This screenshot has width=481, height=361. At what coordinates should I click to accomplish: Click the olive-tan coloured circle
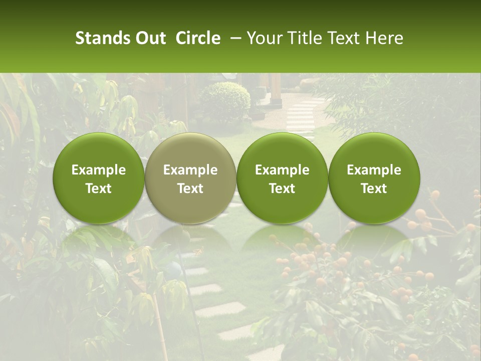[190, 178]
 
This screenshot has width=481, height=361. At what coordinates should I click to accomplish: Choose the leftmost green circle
[99, 178]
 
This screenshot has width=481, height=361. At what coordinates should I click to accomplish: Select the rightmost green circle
[374, 178]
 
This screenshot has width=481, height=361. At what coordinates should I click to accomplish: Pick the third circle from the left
[282, 178]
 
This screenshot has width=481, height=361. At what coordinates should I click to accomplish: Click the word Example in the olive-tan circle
[190, 170]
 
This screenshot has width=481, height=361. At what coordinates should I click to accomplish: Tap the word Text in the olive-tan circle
[190, 189]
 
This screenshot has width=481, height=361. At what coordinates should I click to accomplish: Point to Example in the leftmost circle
[99, 170]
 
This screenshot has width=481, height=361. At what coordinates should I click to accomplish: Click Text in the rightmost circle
[374, 189]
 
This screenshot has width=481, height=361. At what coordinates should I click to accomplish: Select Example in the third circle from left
[282, 170]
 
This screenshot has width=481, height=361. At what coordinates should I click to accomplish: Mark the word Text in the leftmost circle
[99, 189]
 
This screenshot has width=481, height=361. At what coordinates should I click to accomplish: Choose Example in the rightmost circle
[374, 170]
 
